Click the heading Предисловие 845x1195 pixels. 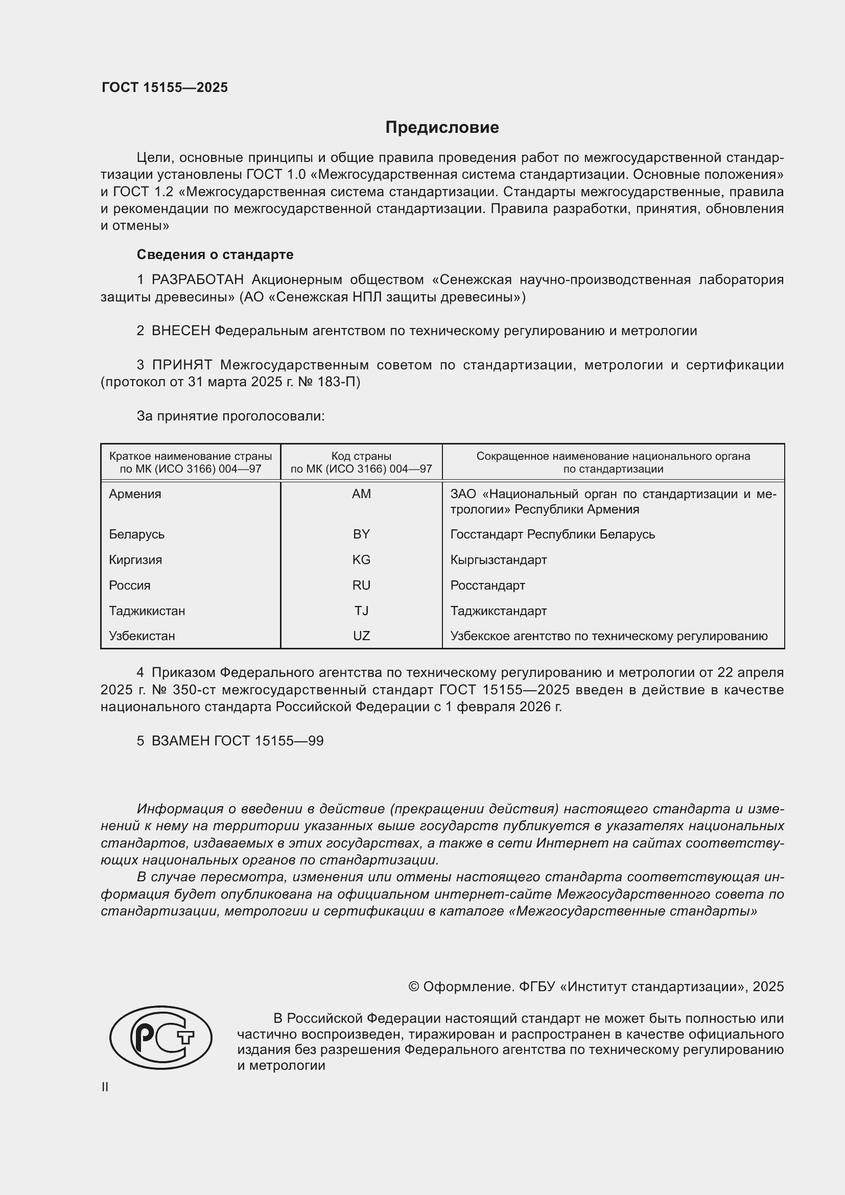[x=442, y=128]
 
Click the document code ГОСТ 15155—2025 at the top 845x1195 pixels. [x=165, y=87]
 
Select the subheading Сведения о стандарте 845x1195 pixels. [x=215, y=254]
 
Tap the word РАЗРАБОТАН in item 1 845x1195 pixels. [x=197, y=280]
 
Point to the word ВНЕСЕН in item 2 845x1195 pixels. [x=180, y=331]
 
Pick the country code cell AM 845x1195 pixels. [x=361, y=494]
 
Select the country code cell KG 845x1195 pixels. [x=361, y=560]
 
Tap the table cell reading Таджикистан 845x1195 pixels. [x=147, y=611]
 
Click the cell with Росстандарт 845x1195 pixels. [x=487, y=585]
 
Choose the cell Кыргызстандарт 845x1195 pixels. [x=499, y=560]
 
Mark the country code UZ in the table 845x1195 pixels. [x=361, y=636]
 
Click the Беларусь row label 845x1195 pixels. [x=136, y=534]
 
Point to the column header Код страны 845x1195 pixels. [x=361, y=456]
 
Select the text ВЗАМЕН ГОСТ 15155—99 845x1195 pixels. [x=237, y=741]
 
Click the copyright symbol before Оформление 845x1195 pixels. [x=414, y=987]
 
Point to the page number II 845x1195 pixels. [x=105, y=1087]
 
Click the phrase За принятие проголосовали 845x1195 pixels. [x=230, y=416]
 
